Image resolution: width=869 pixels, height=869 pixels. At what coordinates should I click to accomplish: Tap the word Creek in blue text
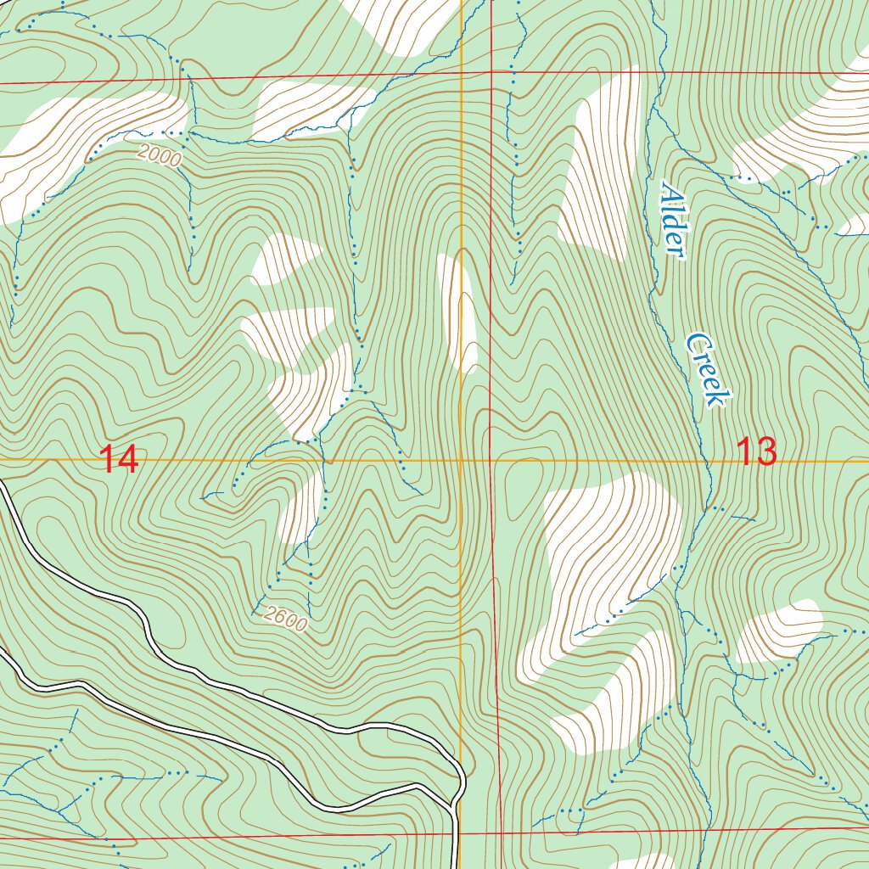[707, 369]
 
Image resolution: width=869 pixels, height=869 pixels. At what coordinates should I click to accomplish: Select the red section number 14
[119, 460]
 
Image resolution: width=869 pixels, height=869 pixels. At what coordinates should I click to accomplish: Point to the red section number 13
[755, 451]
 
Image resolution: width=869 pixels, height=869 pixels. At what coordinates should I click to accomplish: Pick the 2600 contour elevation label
[283, 620]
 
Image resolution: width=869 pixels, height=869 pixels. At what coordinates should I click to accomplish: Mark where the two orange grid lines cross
[461, 462]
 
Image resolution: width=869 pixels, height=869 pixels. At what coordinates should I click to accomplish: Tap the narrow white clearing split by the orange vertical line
[459, 314]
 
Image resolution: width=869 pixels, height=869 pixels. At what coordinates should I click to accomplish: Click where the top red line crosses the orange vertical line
[461, 76]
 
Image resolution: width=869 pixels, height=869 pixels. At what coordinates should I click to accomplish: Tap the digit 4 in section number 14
[129, 460]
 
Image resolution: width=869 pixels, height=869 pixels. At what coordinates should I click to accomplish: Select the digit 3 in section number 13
[765, 451]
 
